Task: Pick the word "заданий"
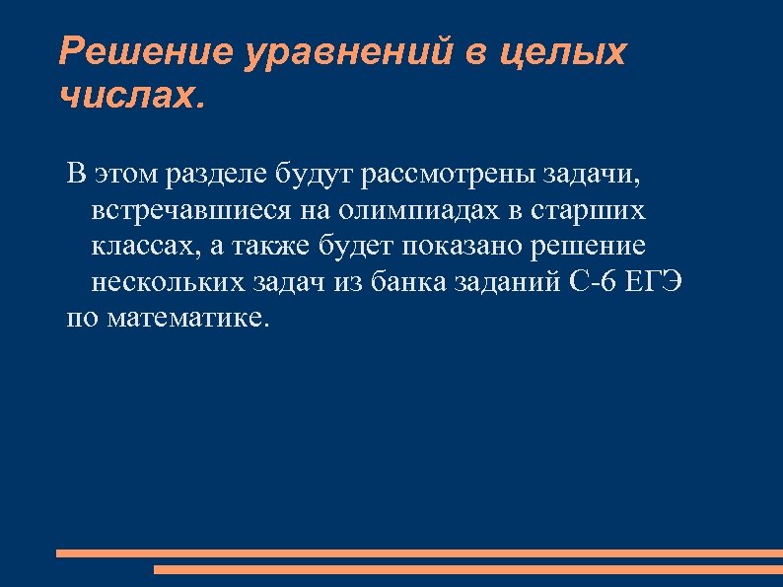pyautogui.click(x=505, y=283)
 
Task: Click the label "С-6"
pyautogui.click(x=595, y=283)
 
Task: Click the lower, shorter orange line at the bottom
pyautogui.click(x=467, y=569)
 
